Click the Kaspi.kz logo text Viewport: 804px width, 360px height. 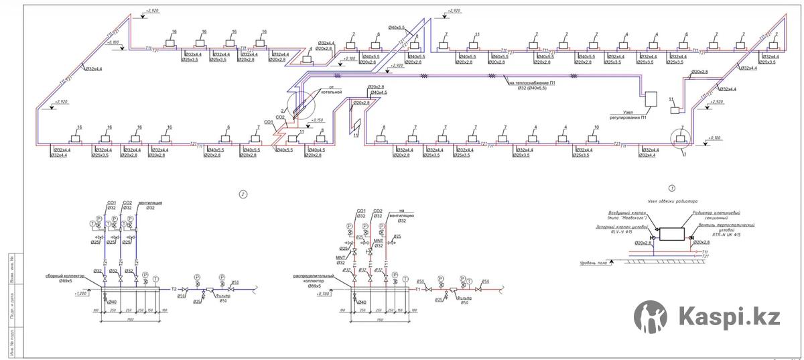730,315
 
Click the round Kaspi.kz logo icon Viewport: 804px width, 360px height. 651,316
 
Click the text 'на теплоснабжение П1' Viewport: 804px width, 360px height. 532,83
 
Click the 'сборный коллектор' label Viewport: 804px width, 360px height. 64,276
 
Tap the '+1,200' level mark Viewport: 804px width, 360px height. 82,294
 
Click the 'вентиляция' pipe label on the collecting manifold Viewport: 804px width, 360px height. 151,202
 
